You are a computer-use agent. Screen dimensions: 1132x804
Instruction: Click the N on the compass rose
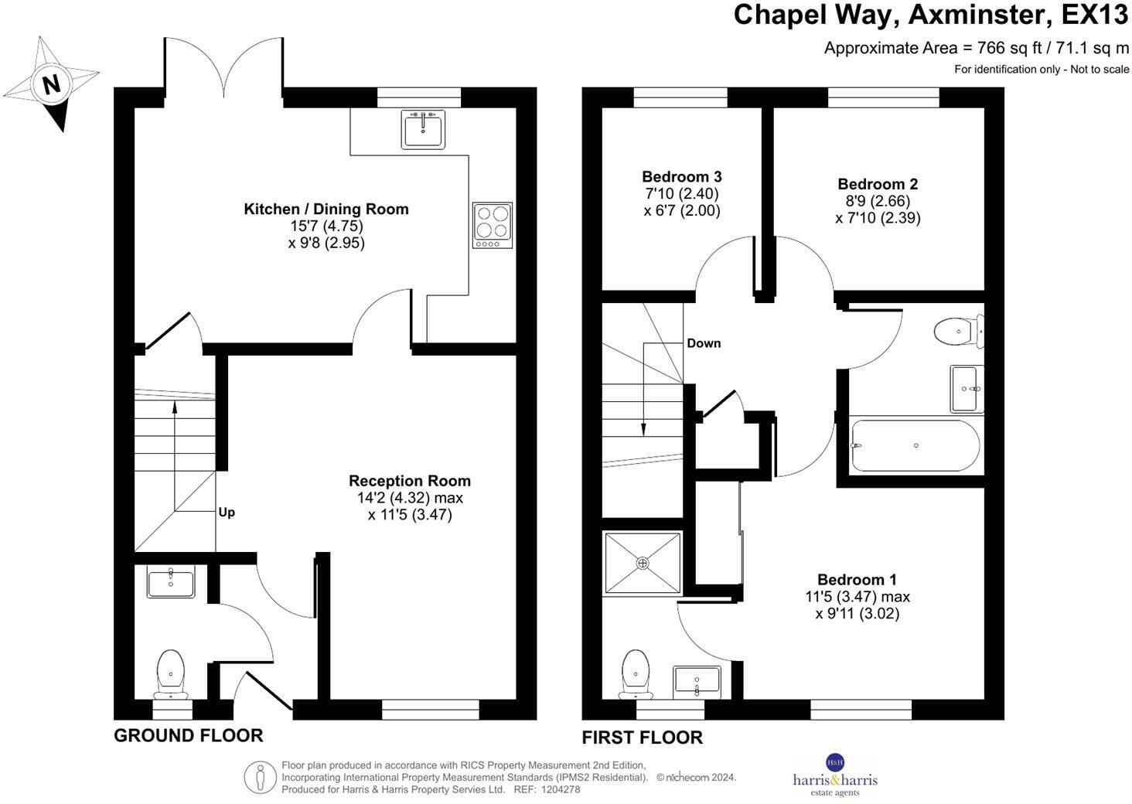coord(52,84)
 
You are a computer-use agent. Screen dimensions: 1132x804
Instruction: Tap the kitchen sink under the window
coord(423,129)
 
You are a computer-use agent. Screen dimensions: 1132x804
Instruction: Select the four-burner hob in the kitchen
coord(493,226)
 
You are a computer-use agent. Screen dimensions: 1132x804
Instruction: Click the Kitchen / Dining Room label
coord(326,210)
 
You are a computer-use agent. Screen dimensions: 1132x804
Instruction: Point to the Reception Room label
coord(410,481)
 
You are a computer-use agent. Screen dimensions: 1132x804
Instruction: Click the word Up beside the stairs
coord(227,513)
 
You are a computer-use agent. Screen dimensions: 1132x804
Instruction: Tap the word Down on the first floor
coord(704,343)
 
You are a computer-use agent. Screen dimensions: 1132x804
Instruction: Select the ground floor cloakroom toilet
coord(171,673)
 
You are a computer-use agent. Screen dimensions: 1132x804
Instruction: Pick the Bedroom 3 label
coord(682,177)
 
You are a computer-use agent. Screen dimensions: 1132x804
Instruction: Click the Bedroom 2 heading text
coord(878,184)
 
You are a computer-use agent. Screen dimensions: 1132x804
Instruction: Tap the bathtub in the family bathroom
coord(915,446)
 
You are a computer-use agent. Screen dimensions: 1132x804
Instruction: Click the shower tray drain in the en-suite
coord(643,563)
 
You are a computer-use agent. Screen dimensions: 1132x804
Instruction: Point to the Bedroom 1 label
coord(857,580)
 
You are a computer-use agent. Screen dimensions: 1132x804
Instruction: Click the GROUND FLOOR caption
coord(189,736)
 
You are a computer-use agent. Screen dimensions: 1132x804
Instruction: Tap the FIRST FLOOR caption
coord(643,738)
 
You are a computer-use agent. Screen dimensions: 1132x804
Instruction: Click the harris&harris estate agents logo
coord(835,775)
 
